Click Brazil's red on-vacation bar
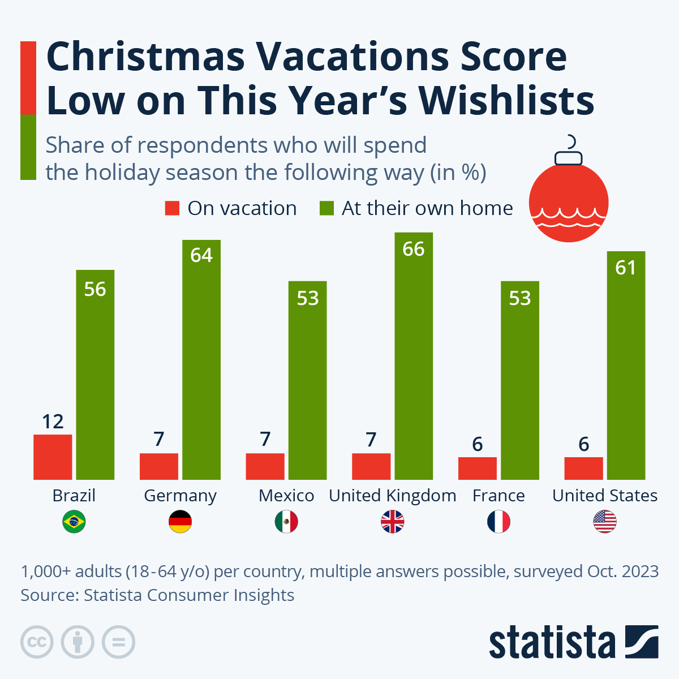pos(53,457)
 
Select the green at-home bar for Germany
pos(201,362)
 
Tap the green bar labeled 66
pos(414,356)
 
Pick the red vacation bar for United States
pos(583,468)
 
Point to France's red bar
pos(477,468)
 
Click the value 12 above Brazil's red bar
pos(53,422)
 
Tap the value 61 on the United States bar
pos(626,268)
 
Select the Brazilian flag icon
pos(74,522)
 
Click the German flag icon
pos(180,522)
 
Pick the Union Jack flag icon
pos(393,522)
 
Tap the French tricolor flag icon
pos(498,522)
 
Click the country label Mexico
pos(286,496)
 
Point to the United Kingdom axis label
pos(393,496)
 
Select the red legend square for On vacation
pos(172,208)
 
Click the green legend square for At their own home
pos(326,208)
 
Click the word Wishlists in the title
pos(506,101)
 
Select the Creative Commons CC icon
pos(37,642)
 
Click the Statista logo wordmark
pos(552,643)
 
